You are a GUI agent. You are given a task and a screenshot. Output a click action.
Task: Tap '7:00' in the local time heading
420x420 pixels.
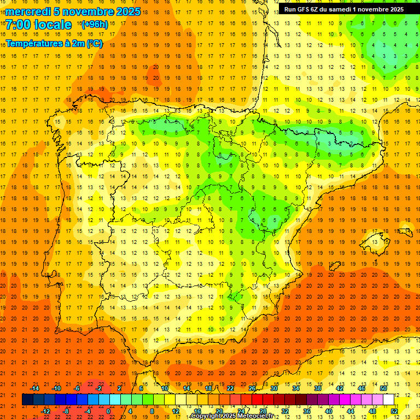20,25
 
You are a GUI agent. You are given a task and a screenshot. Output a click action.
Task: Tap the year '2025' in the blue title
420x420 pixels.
127,11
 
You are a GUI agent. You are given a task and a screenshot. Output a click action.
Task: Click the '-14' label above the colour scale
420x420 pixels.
36,388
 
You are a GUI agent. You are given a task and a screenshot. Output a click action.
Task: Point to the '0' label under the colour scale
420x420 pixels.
108,411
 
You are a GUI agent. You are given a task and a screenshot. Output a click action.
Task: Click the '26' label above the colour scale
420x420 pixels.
252,388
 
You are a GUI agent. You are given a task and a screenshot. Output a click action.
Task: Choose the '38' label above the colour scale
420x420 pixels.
317,388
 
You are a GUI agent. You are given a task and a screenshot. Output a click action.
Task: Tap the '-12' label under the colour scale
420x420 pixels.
46,411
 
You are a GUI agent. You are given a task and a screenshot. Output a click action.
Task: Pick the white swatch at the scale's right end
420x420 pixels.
389,400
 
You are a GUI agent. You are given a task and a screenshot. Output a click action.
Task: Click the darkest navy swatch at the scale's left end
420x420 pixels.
27,400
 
